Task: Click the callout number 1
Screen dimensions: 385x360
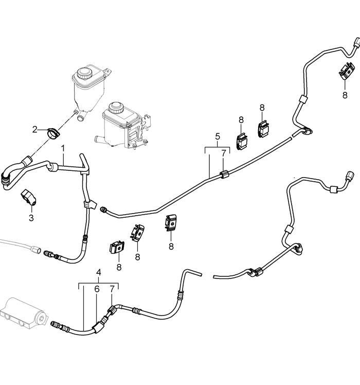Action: pyautogui.click(x=63, y=148)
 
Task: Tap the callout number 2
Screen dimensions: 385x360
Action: pyautogui.click(x=35, y=129)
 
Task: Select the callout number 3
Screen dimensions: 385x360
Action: pyautogui.click(x=31, y=218)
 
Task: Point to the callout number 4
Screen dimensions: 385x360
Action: pyautogui.click(x=98, y=272)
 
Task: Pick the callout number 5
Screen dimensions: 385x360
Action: pyautogui.click(x=218, y=136)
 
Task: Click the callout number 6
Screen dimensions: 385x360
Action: pyautogui.click(x=96, y=290)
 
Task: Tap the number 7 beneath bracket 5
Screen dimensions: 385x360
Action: pyautogui.click(x=223, y=153)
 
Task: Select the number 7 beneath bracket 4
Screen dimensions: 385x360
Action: pyautogui.click(x=112, y=290)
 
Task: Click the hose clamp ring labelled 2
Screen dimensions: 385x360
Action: pyautogui.click(x=53, y=132)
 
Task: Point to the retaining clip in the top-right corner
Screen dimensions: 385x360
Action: pyautogui.click(x=347, y=71)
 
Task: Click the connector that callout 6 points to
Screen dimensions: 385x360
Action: pyautogui.click(x=98, y=325)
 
